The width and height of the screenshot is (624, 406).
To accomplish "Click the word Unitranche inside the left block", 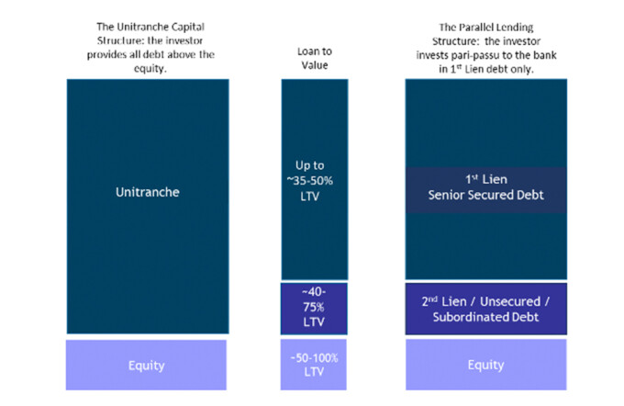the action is pyautogui.click(x=147, y=192).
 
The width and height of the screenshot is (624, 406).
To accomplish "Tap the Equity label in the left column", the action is pyautogui.click(x=146, y=366).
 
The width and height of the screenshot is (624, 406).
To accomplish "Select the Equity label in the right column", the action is pyautogui.click(x=485, y=365).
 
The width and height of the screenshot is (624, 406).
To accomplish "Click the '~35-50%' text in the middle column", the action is pyautogui.click(x=309, y=180).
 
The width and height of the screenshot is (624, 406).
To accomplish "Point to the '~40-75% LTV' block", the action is pyautogui.click(x=314, y=309).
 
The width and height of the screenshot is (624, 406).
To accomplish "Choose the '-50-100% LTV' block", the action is pyautogui.click(x=314, y=365).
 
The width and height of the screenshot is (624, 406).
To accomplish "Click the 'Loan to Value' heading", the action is pyautogui.click(x=315, y=58).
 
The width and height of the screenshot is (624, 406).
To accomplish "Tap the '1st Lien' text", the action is pyautogui.click(x=486, y=179).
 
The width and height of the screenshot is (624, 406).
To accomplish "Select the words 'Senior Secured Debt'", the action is pyautogui.click(x=485, y=195).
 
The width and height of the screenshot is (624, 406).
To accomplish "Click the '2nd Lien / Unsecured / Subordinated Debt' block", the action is pyautogui.click(x=486, y=309).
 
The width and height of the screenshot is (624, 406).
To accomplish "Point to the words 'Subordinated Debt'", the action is pyautogui.click(x=485, y=317).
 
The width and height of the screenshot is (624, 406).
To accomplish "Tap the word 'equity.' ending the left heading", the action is pyautogui.click(x=150, y=69).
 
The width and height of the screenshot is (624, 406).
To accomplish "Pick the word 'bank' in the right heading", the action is pyautogui.click(x=545, y=55).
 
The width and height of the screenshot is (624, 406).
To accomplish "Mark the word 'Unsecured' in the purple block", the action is pyautogui.click(x=510, y=301).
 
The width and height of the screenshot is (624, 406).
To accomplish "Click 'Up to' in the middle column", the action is pyautogui.click(x=309, y=165).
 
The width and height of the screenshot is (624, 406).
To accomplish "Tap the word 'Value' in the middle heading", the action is pyautogui.click(x=315, y=65).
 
